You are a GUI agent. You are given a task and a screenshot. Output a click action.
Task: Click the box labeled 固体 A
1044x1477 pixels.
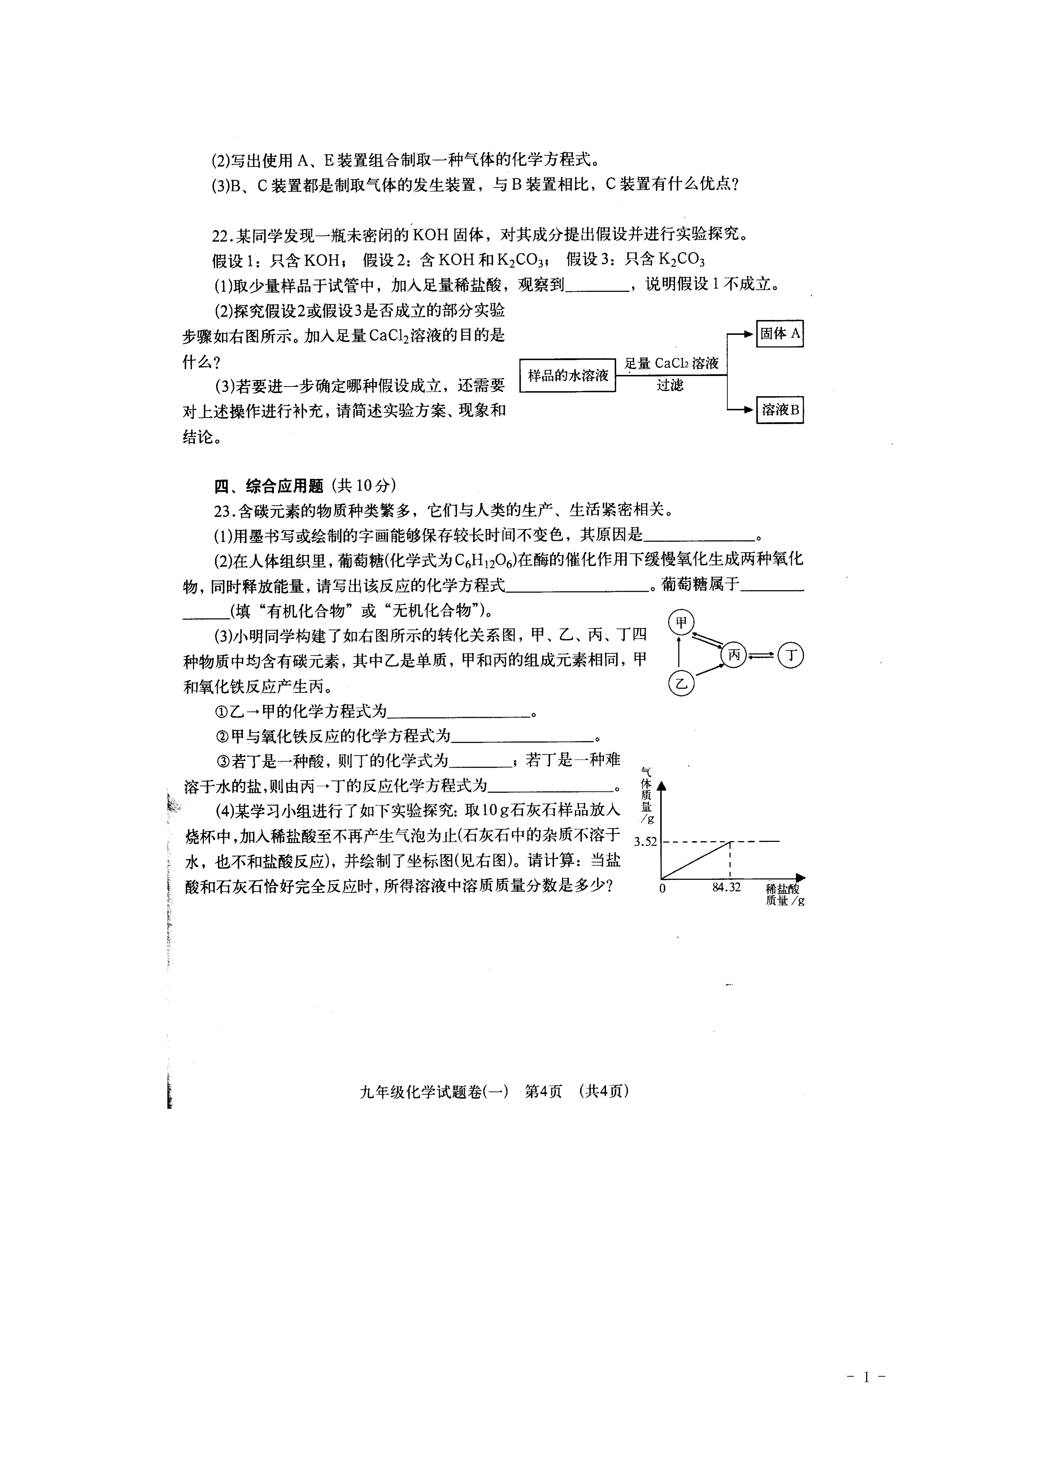tap(780, 333)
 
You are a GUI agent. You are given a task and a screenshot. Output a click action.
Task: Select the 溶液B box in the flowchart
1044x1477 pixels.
tap(780, 410)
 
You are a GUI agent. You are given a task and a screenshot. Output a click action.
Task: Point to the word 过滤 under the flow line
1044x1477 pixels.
tap(670, 385)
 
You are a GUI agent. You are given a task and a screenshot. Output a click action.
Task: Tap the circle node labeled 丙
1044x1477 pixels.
tap(734, 656)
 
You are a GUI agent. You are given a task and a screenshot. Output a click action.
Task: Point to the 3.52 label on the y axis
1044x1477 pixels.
tap(645, 842)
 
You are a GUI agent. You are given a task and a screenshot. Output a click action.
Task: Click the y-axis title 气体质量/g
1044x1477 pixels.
tap(646, 796)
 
